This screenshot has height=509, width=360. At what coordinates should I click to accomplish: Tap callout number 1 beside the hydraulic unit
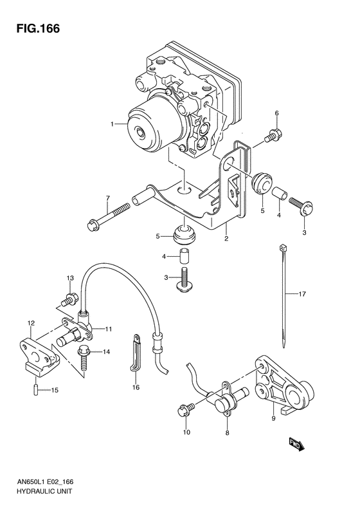coord(112,124)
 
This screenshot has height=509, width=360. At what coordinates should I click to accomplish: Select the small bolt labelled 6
coord(273,136)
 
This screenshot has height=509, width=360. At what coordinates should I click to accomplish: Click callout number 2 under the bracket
coord(226,239)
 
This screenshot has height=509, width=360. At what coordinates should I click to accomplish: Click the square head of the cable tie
coord(282,248)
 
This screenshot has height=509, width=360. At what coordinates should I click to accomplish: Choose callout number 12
coord(30,322)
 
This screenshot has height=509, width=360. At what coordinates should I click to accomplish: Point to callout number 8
coord(226,434)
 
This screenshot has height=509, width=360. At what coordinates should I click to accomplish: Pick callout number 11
coord(109,329)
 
